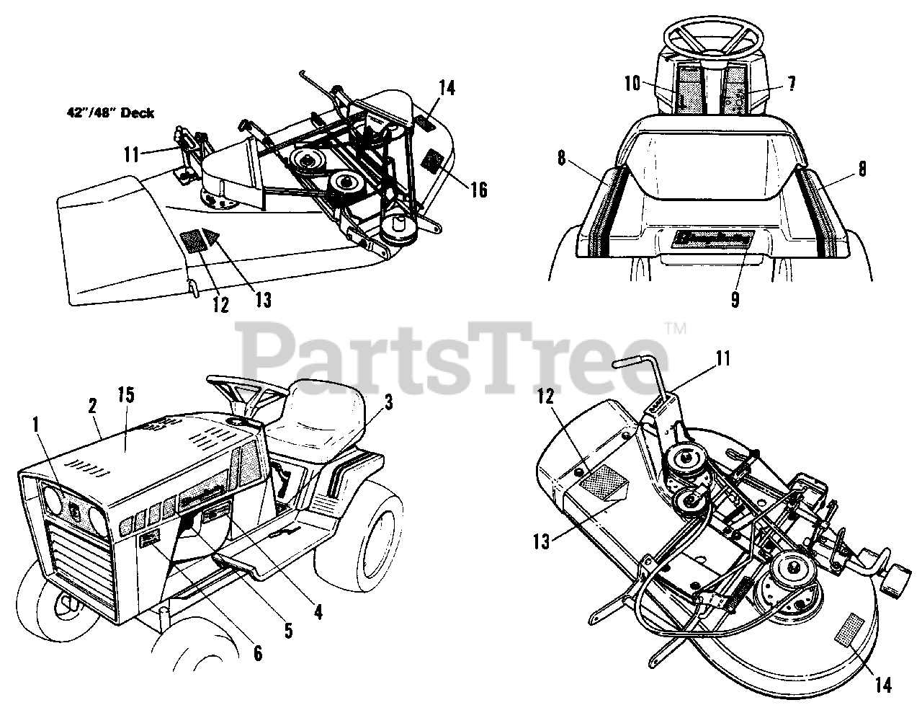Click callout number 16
[479, 190]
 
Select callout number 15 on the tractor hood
[127, 394]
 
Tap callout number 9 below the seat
[734, 299]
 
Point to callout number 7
[790, 84]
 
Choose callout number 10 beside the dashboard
[632, 84]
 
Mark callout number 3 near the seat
[388, 403]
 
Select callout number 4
[318, 613]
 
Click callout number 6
[256, 653]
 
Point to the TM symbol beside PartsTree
[678, 329]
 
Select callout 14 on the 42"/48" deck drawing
[447, 89]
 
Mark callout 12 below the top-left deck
[220, 305]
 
